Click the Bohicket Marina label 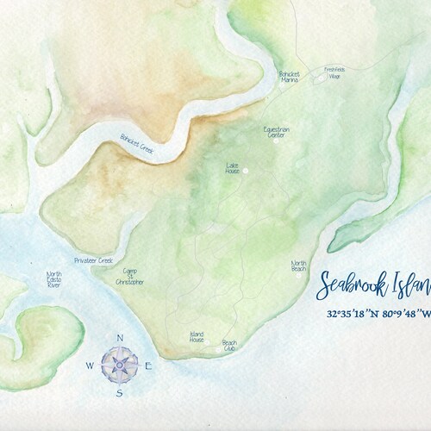pyautogui.click(x=288, y=78)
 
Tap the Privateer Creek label pyautogui.click(x=94, y=259)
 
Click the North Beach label pyautogui.click(x=298, y=266)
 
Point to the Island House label pyautogui.click(x=197, y=338)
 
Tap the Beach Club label pyautogui.click(x=229, y=345)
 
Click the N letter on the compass pyautogui.click(x=120, y=338)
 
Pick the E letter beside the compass pyautogui.click(x=148, y=366)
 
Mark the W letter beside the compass pyautogui.click(x=90, y=366)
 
